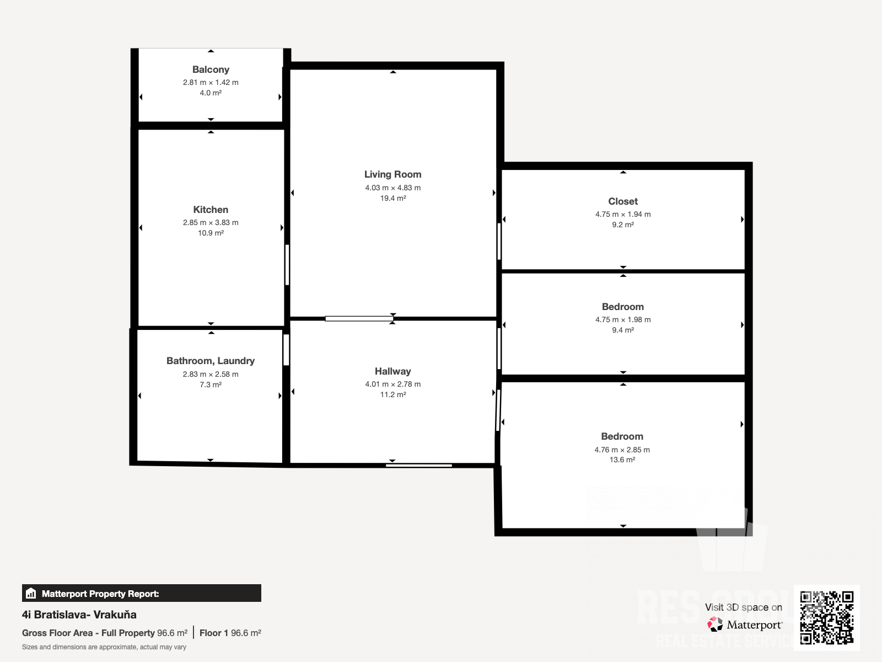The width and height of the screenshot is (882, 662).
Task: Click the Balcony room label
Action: point(211,70)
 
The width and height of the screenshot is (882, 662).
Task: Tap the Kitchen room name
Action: point(211,210)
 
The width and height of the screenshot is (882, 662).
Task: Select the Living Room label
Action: point(392,174)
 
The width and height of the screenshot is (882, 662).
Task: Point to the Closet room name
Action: point(623,201)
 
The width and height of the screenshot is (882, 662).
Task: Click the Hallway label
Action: point(392,371)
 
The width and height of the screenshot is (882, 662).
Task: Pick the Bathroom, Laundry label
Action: point(211,361)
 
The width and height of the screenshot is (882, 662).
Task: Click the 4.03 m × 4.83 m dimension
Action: point(392,188)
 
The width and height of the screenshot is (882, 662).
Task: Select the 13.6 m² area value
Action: point(622,460)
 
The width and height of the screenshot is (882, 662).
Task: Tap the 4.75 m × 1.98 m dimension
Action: point(623,319)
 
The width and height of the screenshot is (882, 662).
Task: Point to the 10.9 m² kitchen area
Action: point(211,233)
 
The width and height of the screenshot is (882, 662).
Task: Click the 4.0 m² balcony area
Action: point(211,93)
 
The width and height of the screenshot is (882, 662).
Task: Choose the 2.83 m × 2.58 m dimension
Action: point(211,374)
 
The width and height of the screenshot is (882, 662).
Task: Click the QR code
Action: point(826,618)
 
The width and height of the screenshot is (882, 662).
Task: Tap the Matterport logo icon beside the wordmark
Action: point(715,624)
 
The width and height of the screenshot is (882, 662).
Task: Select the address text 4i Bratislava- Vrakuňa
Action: point(79,615)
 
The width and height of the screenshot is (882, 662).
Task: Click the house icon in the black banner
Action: point(31,593)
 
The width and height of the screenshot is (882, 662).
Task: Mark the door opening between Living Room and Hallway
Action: point(359,319)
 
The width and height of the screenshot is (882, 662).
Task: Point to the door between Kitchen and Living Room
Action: point(287,265)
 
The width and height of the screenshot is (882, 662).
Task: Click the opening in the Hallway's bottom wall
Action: point(419,466)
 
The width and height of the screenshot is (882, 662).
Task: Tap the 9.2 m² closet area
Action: point(623,225)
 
